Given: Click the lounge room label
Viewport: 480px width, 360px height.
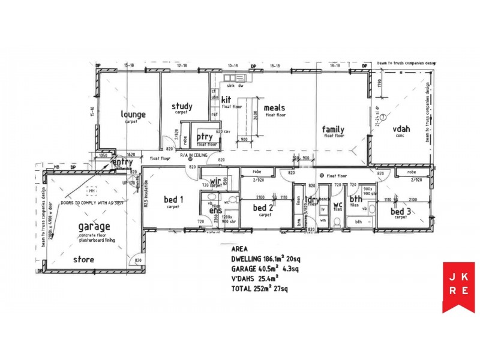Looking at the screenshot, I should pyautogui.click(x=133, y=114).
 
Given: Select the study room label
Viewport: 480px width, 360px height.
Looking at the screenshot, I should pyautogui.click(x=182, y=107).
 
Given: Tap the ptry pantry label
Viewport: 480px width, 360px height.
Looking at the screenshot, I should pyautogui.click(x=205, y=137).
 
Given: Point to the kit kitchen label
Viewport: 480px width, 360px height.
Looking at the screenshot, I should pyautogui.click(x=226, y=100).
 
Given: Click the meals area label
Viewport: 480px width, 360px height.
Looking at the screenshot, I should pyautogui.click(x=274, y=108).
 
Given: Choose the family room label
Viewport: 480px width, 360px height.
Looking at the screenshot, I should pyautogui.click(x=333, y=129).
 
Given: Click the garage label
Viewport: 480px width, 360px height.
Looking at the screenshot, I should pyautogui.click(x=94, y=226).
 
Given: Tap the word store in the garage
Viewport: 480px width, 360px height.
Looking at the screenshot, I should pyautogui.click(x=83, y=260).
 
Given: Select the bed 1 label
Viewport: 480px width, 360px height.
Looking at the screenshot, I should pyautogui.click(x=173, y=199).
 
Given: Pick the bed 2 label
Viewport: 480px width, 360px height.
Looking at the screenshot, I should pyautogui.click(x=263, y=208).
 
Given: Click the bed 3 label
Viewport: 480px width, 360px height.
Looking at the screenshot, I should pyautogui.click(x=401, y=212).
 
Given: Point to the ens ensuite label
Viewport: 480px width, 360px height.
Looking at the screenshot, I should pyautogui.click(x=215, y=211).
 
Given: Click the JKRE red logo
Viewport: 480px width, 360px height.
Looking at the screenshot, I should pyautogui.click(x=458, y=287).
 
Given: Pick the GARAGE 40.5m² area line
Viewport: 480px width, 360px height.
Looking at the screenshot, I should pyautogui.click(x=265, y=269).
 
